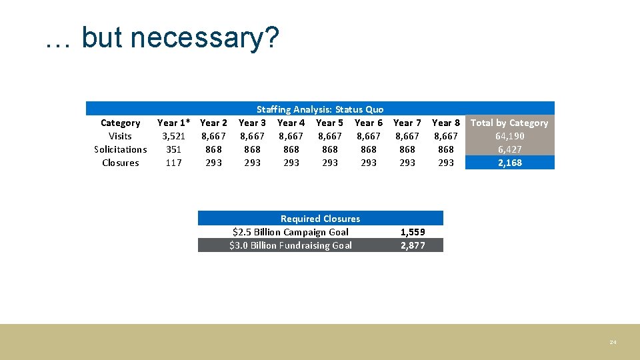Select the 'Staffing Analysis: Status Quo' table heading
click(x=320, y=109)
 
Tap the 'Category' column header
click(x=120, y=123)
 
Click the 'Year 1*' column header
click(x=173, y=123)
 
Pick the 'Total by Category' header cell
click(x=509, y=123)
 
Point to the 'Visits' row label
click(x=120, y=136)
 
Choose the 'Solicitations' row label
click(x=120, y=149)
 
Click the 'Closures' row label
click(x=120, y=163)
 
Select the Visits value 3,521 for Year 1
click(x=173, y=136)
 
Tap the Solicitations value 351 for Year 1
click(x=173, y=149)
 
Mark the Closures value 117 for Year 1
click(x=173, y=163)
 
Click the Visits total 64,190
click(x=509, y=136)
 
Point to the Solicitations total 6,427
click(x=509, y=149)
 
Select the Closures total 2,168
click(x=509, y=163)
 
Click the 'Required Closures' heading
click(x=320, y=219)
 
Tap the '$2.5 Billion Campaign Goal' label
click(x=291, y=232)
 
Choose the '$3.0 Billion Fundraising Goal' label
click(x=291, y=245)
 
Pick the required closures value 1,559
click(x=413, y=232)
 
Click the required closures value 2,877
click(x=413, y=245)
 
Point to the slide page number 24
click(x=613, y=342)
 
